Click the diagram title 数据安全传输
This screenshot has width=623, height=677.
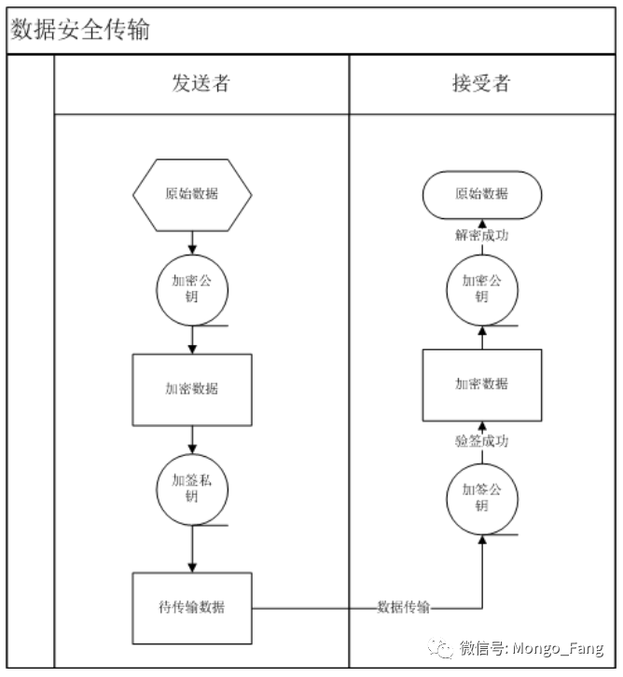coord(80,30)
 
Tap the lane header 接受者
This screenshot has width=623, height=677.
coord(481,84)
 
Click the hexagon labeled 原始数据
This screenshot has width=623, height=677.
coord(192,194)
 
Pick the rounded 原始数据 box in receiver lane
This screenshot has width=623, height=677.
coord(481,194)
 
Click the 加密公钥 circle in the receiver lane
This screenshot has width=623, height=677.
coord(481,290)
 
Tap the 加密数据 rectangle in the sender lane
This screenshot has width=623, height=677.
coord(192,389)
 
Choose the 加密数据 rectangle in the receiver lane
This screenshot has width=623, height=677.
coord(481,384)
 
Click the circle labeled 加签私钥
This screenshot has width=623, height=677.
coord(192,488)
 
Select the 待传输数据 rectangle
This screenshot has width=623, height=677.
coord(192,608)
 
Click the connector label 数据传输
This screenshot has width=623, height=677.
coord(404,608)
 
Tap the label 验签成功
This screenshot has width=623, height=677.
coord(481,442)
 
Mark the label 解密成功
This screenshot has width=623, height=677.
coord(481,236)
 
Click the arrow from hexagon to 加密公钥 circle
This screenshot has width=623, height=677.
coord(192,242)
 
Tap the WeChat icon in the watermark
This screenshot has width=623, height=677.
coord(437,648)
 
